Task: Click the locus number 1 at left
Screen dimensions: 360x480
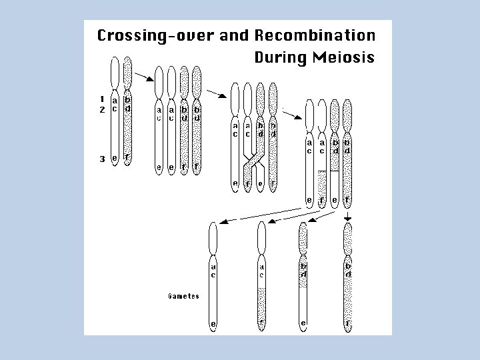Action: (x=101, y=101)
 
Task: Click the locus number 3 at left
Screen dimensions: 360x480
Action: (x=101, y=158)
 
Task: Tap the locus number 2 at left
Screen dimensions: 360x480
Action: (x=101, y=109)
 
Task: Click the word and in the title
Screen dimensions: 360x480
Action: (x=235, y=35)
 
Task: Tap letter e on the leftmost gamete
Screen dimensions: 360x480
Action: (x=213, y=325)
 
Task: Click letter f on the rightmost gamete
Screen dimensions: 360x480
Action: (x=348, y=325)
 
